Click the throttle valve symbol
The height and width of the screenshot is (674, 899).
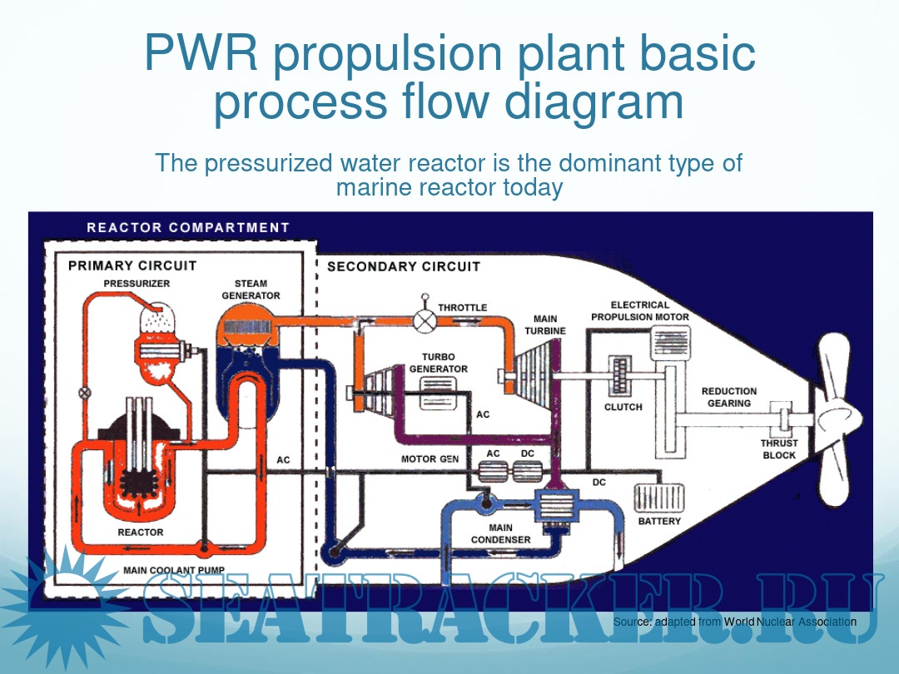(426, 320)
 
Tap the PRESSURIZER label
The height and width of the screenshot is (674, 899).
(137, 284)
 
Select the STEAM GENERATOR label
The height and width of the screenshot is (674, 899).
(251, 290)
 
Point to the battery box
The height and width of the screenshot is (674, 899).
(659, 498)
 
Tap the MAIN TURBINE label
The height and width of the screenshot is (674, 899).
(545, 325)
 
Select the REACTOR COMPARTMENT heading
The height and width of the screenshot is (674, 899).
(188, 227)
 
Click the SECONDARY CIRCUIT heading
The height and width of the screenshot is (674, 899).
(404, 266)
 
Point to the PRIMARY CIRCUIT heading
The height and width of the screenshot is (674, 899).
(132, 265)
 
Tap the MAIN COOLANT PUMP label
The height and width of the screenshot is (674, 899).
(174, 571)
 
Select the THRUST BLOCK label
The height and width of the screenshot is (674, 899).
(779, 449)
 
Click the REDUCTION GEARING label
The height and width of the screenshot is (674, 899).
(729, 397)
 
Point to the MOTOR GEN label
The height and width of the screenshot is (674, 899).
(430, 458)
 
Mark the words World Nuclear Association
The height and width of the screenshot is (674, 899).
(790, 622)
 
